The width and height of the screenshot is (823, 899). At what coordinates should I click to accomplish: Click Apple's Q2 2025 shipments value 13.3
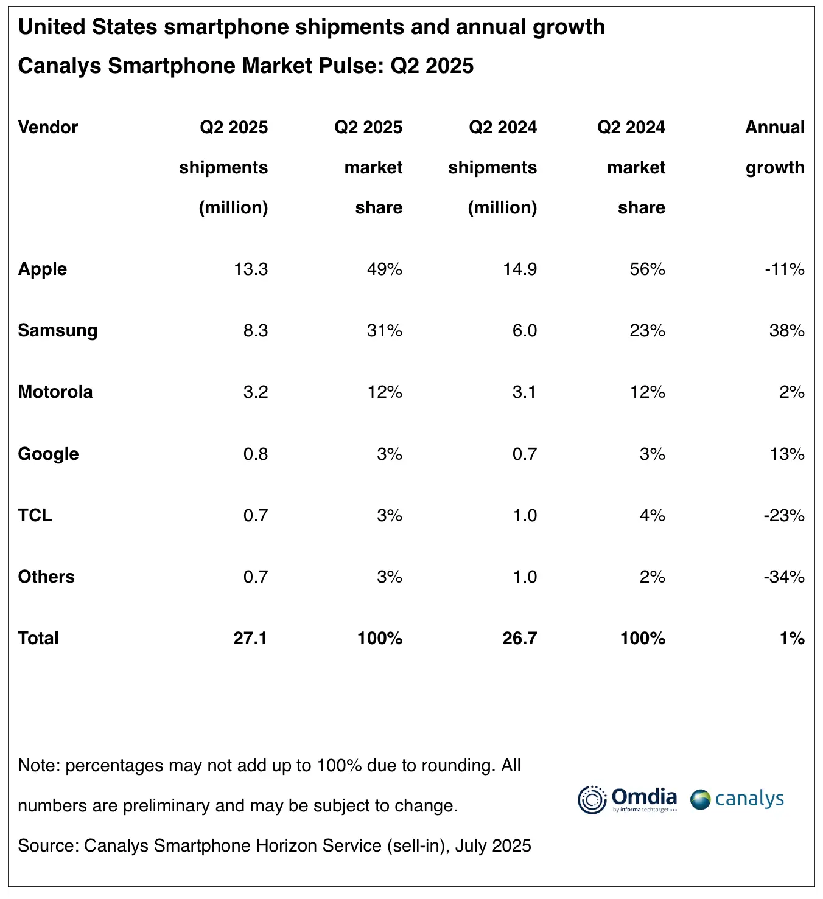point(251,269)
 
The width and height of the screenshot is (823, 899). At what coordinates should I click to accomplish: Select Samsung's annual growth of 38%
point(786,330)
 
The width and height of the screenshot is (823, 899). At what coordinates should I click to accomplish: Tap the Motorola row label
point(55,392)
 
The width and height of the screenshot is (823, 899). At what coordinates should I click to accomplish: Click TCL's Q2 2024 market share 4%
point(652,515)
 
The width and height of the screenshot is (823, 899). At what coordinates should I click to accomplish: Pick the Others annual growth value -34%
point(784,577)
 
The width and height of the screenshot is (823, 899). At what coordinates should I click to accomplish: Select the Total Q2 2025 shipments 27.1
point(250,638)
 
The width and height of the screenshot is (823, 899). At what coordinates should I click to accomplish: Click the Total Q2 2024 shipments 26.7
point(519,638)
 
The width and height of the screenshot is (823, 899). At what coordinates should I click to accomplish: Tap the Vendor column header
point(48,127)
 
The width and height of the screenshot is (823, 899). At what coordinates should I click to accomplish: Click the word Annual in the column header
point(774,127)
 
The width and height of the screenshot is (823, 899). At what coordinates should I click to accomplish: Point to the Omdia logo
point(627,799)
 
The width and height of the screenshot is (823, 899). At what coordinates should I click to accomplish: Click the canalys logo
point(737,799)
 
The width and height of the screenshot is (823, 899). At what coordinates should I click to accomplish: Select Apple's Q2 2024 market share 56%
point(647,269)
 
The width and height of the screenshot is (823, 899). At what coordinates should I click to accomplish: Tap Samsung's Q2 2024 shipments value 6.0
point(524,330)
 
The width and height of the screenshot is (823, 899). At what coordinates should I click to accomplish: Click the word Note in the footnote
point(37,765)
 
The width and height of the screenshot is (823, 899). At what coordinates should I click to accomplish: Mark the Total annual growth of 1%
point(792,638)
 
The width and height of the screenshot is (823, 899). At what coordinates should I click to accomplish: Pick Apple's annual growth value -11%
point(785,269)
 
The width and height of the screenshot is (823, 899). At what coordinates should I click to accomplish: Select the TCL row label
point(35,515)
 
